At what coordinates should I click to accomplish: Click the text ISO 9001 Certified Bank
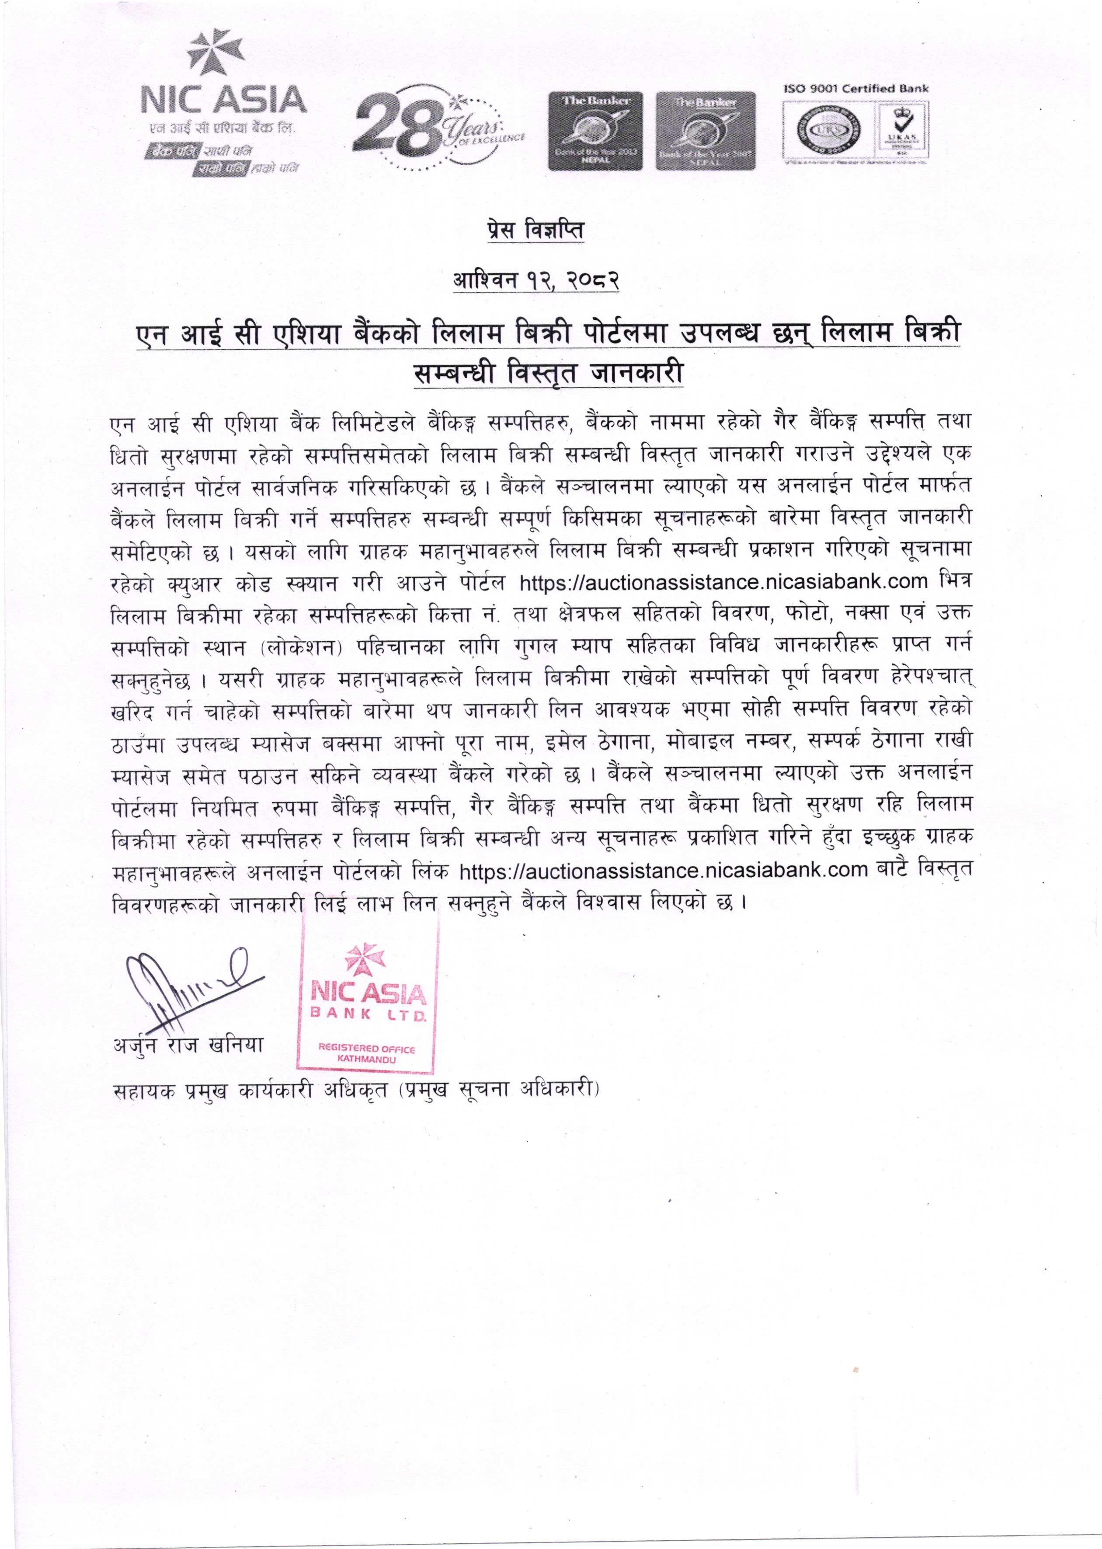(x=856, y=88)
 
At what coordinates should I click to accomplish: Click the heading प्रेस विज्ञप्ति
(x=535, y=231)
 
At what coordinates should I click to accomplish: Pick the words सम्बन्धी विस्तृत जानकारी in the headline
(x=548, y=373)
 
